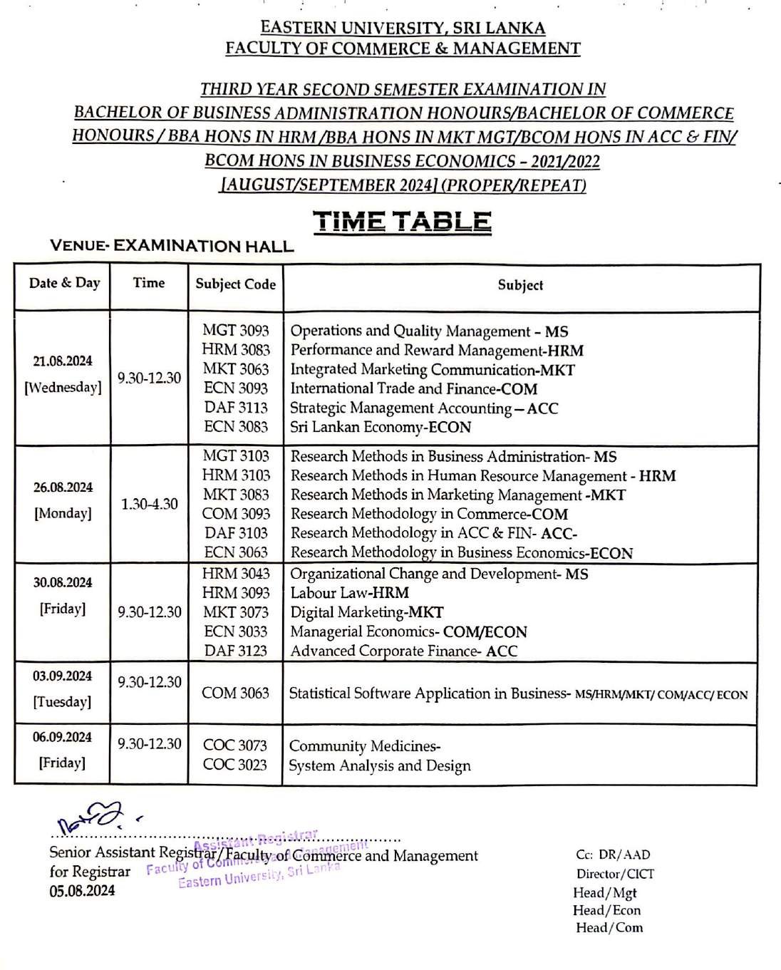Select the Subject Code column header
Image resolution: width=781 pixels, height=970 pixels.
tap(235, 284)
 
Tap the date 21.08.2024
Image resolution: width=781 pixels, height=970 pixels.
tap(63, 361)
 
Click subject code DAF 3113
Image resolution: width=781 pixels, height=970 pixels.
tap(235, 408)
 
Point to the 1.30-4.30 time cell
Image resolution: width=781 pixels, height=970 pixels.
tap(149, 504)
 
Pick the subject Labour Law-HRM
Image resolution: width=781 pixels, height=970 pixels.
tap(349, 593)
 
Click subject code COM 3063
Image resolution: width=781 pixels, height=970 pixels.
tap(235, 693)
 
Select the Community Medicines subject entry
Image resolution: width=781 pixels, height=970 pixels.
tap(364, 746)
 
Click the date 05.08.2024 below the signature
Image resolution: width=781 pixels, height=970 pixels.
tap(82, 891)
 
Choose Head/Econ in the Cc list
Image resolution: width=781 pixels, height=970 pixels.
tap(606, 910)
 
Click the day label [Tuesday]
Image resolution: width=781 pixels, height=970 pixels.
tap(62, 702)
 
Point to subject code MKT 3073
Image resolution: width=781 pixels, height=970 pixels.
tap(235, 612)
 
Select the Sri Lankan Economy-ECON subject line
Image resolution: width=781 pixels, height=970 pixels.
tap(381, 427)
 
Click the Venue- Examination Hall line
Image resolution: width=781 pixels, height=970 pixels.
tap(172, 247)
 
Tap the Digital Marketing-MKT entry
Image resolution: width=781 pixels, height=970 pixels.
tap(366, 612)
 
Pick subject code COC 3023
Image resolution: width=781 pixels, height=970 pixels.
tap(235, 765)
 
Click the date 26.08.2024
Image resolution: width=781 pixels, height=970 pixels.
tap(63, 487)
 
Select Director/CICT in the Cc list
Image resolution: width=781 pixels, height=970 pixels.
tap(615, 874)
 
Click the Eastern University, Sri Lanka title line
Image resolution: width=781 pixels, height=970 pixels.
tap(403, 29)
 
